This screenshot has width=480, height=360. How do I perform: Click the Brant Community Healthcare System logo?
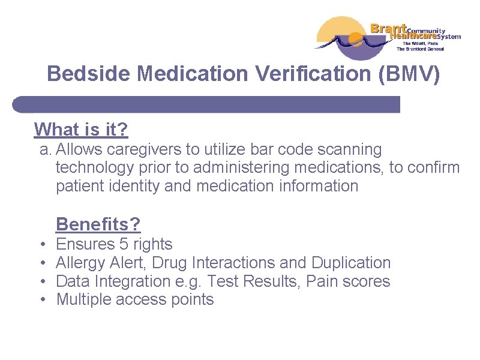(x=388, y=37)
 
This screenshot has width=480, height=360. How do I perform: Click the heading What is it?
(x=81, y=129)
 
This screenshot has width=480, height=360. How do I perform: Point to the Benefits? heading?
(x=98, y=224)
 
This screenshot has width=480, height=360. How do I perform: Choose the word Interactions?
(x=233, y=263)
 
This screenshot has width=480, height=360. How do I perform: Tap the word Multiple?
(x=82, y=300)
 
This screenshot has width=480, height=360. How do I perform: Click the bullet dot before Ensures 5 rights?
(x=45, y=245)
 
